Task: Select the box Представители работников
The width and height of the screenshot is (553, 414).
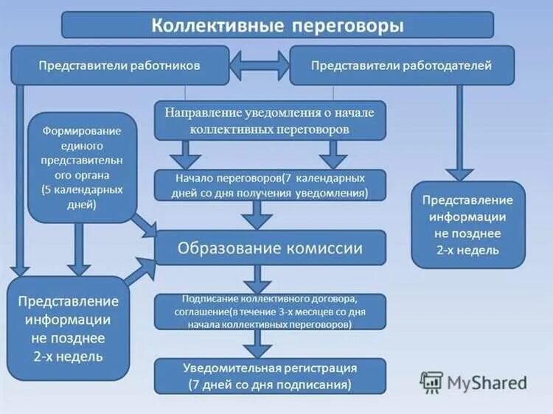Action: pos(119,66)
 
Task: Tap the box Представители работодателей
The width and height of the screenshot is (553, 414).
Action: pos(401,66)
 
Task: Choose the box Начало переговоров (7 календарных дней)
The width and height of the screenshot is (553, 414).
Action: pos(269,186)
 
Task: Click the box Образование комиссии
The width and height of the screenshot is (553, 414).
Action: pos(269,248)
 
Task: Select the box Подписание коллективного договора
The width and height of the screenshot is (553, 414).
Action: pos(269,312)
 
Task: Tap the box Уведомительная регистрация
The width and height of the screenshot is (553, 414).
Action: pos(269,376)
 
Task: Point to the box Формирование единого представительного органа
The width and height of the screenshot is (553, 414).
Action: pos(82,166)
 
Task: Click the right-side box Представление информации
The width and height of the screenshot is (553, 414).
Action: pos(467,225)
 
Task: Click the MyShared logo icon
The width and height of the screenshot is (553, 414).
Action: pos(431,382)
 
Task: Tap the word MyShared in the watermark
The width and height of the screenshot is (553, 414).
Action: pos(487,383)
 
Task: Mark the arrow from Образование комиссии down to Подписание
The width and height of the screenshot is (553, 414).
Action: pos(258,278)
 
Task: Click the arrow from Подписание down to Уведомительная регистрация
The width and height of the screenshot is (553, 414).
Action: pos(258,343)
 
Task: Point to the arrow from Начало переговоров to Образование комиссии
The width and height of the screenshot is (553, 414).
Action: pos(258,215)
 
